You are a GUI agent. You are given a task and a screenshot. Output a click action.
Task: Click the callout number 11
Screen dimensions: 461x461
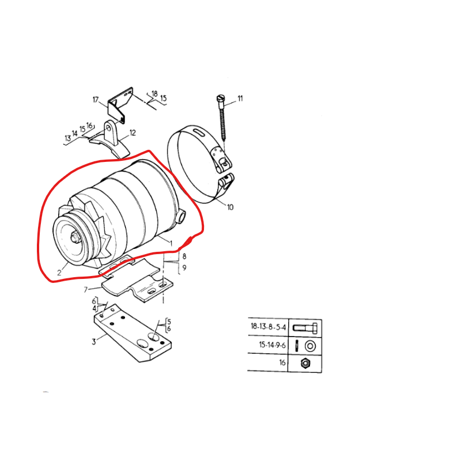240,99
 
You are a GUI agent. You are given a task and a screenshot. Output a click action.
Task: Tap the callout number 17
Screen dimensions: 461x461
96,100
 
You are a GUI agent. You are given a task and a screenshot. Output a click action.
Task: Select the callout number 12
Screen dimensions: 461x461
133,133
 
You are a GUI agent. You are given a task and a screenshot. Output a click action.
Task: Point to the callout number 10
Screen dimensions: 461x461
230,207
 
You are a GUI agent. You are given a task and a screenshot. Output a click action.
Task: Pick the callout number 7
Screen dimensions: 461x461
85,289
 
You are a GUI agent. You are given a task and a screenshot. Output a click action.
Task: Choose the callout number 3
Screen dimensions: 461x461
93,342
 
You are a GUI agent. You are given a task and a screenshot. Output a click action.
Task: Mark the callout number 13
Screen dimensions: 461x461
67,138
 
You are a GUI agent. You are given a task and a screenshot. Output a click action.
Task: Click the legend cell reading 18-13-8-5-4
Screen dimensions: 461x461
268,327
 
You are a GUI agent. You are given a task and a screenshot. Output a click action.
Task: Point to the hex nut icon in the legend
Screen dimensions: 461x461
305,363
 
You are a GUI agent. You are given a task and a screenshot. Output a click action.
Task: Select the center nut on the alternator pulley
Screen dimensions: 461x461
75,237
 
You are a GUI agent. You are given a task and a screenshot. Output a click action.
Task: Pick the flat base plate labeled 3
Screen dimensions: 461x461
133,337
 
